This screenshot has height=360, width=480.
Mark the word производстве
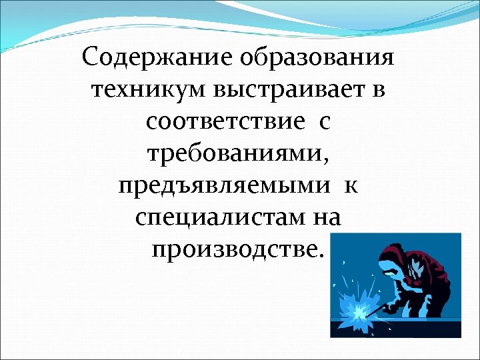(235, 249)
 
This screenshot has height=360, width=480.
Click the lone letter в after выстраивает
(377, 90)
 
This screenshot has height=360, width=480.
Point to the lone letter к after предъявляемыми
(351, 186)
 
